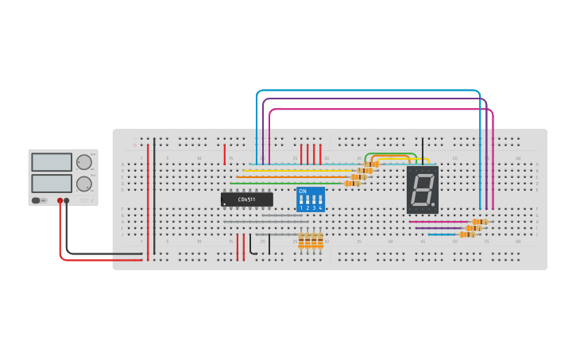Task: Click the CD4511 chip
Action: [246, 199]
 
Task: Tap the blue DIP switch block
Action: [310, 199]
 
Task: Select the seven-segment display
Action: [422, 190]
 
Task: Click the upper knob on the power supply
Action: [83, 162]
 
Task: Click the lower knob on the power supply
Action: [83, 184]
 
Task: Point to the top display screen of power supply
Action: [52, 162]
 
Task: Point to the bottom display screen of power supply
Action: [52, 184]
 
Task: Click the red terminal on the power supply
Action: [60, 201]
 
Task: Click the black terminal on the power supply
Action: [67, 201]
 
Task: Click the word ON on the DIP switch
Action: [302, 192]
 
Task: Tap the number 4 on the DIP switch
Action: [320, 208]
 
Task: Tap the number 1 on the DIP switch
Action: [301, 208]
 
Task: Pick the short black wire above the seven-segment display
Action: [422, 151]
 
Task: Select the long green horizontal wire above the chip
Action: [286, 183]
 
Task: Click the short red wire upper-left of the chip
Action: [225, 153]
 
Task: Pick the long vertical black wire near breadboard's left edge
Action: [154, 195]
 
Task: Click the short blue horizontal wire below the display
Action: [441, 234]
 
